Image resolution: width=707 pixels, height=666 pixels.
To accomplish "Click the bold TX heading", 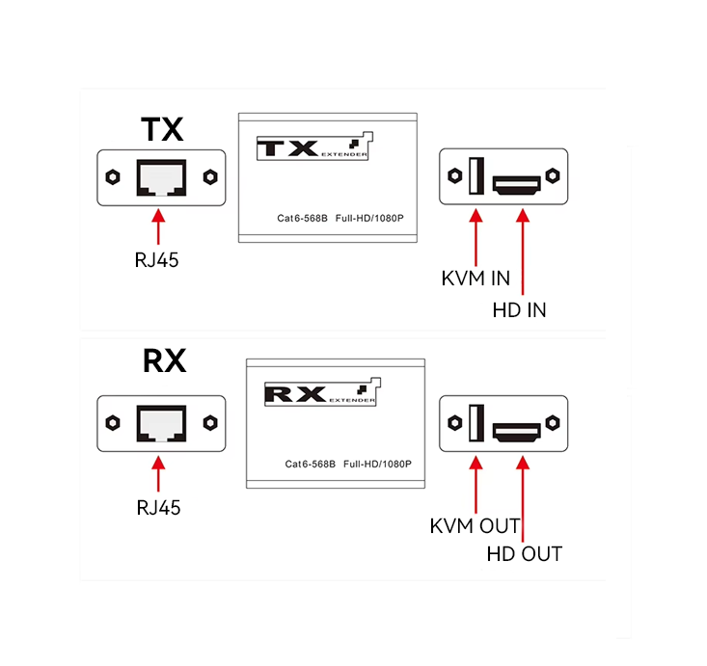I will [161, 130].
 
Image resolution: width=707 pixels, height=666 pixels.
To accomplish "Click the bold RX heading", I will [164, 361].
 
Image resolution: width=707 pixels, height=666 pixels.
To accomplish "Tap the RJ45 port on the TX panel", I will [161, 178].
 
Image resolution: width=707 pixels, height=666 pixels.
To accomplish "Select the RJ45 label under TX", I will [157, 259].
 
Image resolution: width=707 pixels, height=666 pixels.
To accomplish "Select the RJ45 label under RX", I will [157, 506].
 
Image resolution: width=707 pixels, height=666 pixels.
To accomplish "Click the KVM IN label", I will [476, 279].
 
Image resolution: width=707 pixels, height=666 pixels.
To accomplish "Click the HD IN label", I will [519, 310].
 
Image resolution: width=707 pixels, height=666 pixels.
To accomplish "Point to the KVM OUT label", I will [475, 526].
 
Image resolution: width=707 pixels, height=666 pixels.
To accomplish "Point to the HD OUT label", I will [524, 553].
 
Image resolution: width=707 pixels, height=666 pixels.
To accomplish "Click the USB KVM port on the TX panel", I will [475, 176].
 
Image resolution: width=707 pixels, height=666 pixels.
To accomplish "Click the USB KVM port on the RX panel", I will [475, 422].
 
